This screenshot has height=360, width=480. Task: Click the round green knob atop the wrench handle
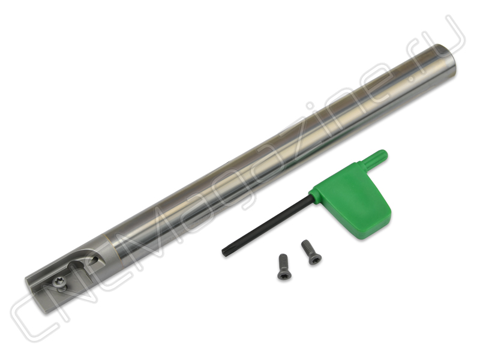377,158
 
